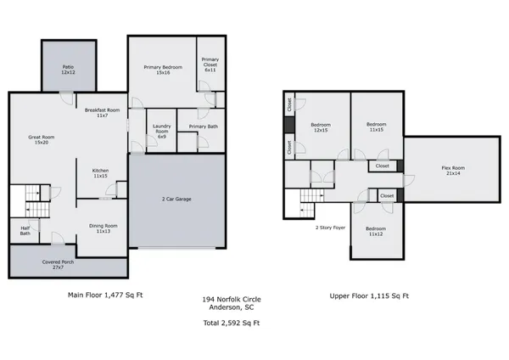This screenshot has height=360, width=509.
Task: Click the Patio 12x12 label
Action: coord(68,70)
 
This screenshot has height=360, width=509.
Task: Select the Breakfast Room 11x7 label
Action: coord(102,111)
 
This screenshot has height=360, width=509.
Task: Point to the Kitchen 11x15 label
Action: coord(100,173)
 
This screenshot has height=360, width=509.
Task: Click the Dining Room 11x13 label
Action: coord(104,228)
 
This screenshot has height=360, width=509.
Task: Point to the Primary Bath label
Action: coord(203,127)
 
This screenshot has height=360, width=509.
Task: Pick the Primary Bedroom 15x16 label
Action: coord(161,70)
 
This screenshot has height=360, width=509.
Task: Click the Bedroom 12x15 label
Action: coord(321,127)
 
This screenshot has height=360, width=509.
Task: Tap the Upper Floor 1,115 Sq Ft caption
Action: coord(369,295)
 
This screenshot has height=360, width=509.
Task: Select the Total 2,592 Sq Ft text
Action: coord(231,323)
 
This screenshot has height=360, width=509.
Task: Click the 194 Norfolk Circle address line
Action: coord(231,299)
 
